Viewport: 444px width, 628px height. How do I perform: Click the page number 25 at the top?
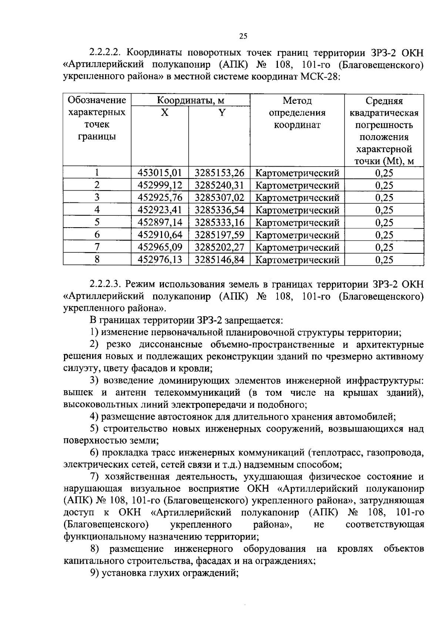[243, 36]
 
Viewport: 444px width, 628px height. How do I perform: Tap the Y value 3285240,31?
[219, 185]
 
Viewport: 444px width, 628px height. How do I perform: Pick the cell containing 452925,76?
[160, 198]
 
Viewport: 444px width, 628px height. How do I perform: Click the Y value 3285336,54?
[219, 210]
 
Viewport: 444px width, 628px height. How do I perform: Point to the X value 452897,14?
[160, 222]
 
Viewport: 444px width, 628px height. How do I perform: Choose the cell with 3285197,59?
[219, 235]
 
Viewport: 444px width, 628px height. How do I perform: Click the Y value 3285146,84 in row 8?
[219, 259]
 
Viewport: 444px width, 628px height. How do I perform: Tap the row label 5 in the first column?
[97, 222]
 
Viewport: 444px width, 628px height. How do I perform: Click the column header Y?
[221, 113]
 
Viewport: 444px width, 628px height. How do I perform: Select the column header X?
[164, 113]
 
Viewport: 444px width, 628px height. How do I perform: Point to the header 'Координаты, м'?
[191, 100]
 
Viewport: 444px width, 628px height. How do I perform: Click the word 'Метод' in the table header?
[297, 100]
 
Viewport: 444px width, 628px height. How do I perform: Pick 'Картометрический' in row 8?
[297, 260]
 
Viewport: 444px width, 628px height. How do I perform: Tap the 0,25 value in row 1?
[384, 173]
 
